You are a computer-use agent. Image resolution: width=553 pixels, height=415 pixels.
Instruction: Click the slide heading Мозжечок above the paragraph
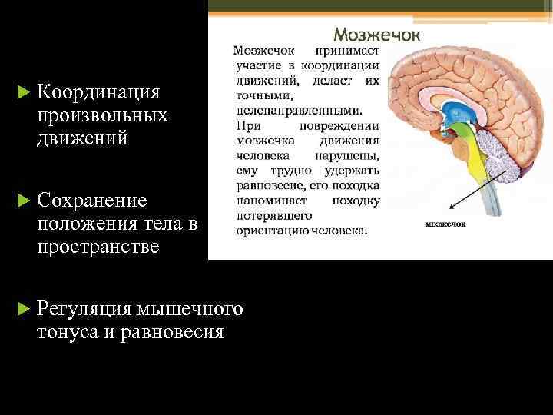(x=376, y=35)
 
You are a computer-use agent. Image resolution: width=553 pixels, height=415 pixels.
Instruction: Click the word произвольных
(x=101, y=116)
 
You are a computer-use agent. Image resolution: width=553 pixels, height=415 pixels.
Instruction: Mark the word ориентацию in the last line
(x=270, y=230)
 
